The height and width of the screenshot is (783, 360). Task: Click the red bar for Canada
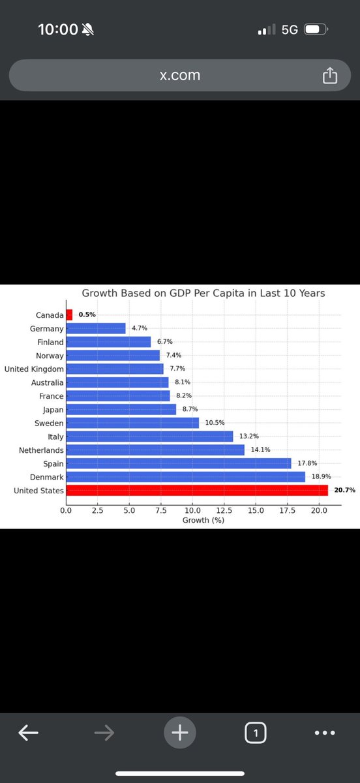click(69, 315)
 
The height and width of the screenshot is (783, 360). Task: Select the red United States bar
click(196, 491)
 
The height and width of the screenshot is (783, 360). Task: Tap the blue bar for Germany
click(95, 328)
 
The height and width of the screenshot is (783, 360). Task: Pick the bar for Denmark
click(185, 477)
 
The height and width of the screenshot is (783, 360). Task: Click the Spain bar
click(178, 463)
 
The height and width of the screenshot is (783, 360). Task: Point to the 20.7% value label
click(344, 490)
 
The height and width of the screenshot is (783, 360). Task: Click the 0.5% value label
click(87, 315)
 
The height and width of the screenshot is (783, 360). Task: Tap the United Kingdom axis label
click(34, 369)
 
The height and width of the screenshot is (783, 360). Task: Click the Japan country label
click(53, 410)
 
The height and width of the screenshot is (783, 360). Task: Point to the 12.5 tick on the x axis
click(224, 510)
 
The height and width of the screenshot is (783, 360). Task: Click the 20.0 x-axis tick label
click(319, 510)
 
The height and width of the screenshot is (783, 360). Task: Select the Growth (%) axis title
click(203, 520)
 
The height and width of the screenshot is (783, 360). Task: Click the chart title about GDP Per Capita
click(203, 294)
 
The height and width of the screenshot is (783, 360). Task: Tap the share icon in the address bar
click(329, 76)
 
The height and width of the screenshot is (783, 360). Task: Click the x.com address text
click(180, 75)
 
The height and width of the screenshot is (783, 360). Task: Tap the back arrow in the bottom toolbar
click(28, 733)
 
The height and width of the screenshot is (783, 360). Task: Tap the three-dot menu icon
click(324, 733)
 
